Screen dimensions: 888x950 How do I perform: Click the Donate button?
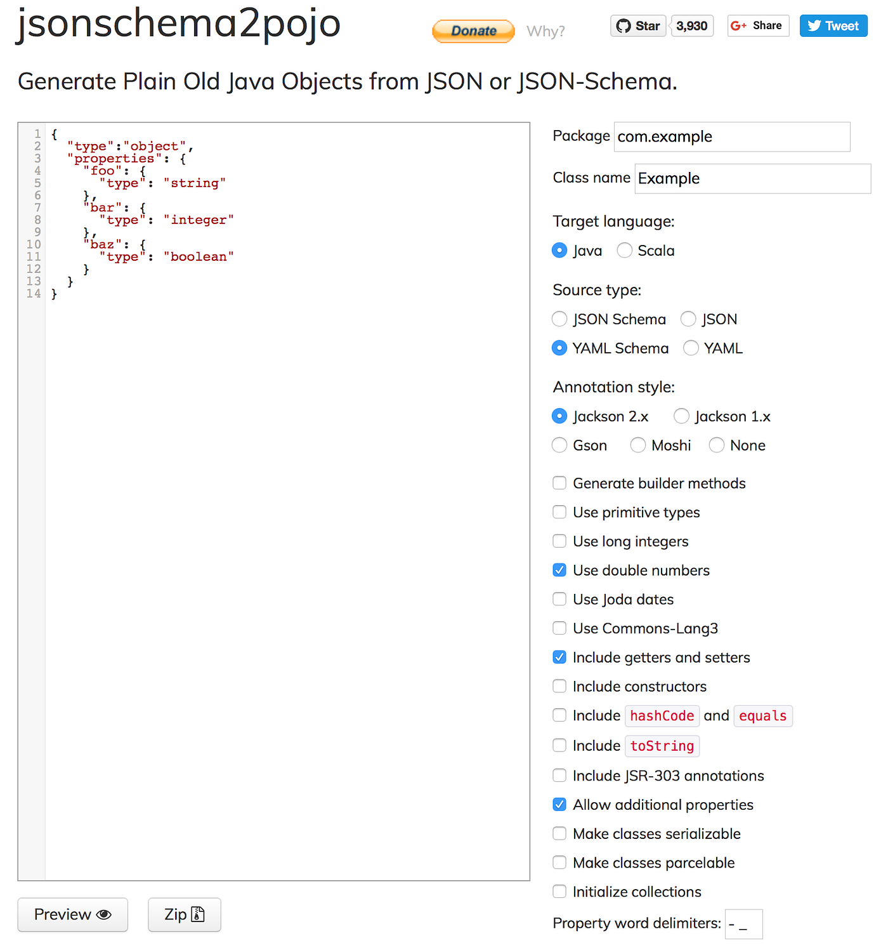coord(473,31)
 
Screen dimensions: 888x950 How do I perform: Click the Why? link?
coord(545,31)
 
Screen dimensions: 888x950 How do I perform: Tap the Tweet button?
coord(833,26)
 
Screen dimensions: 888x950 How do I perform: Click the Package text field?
coord(731,136)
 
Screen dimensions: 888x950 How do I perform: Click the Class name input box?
coord(752,178)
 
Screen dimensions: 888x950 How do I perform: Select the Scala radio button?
coord(625,251)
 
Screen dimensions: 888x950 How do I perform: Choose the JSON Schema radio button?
coord(559,319)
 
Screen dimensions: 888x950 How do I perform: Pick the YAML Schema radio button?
coord(559,348)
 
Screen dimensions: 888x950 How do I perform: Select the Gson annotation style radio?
coord(559,445)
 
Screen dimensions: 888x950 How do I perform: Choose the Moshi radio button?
coord(638,445)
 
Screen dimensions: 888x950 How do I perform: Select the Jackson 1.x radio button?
coord(681,416)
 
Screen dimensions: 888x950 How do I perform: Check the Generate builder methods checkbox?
coord(559,484)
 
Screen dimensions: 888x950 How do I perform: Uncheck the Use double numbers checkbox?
coord(559,571)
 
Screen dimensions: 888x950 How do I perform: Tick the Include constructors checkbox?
coord(559,687)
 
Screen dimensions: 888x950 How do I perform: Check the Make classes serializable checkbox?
coord(559,834)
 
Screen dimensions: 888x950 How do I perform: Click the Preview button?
coord(72,914)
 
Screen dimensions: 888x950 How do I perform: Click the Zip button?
coord(184,914)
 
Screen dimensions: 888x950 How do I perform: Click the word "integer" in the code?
coord(199,220)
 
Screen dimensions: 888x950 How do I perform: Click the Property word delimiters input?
coord(743,924)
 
